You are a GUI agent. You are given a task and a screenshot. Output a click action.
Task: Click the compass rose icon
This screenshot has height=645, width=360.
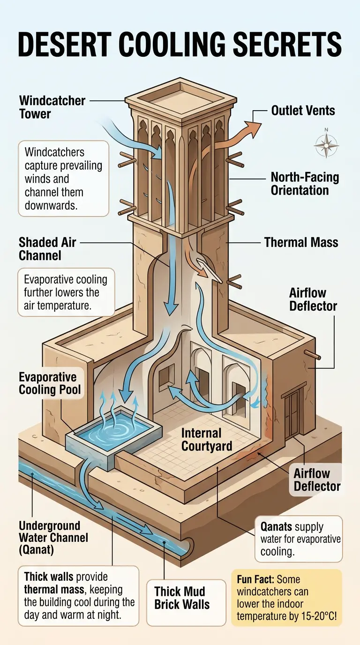[326, 144]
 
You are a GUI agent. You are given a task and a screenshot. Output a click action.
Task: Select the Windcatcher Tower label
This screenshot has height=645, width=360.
[52, 107]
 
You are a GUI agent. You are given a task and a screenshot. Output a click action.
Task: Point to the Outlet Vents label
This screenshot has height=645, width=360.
[303, 111]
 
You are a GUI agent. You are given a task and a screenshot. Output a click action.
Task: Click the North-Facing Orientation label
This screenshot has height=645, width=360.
[305, 184]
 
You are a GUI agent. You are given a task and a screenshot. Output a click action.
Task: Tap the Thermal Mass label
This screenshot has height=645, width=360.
[301, 242]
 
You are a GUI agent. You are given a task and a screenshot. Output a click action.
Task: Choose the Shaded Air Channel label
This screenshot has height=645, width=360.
[47, 249]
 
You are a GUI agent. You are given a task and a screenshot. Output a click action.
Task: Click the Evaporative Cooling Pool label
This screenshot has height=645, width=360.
[50, 383]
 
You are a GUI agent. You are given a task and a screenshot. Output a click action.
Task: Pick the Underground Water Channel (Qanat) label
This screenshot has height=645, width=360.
[49, 537]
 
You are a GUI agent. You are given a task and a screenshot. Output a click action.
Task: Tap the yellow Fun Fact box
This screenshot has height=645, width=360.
[286, 598]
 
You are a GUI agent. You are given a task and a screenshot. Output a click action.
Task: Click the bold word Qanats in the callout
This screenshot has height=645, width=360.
[279, 526]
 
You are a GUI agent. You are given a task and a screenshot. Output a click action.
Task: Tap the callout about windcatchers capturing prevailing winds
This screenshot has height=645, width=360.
[63, 178]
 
